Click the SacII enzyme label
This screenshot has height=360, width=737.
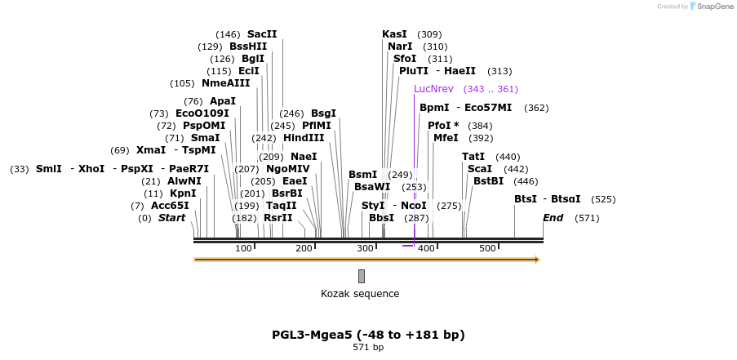click(262, 34)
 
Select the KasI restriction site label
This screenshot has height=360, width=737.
click(394, 34)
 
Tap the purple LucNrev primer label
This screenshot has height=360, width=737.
click(433, 89)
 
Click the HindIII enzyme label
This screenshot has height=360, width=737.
click(304, 138)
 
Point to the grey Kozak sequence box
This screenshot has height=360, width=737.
click(362, 276)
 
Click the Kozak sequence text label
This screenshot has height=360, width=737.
click(360, 294)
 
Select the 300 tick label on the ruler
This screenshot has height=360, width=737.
click(365, 248)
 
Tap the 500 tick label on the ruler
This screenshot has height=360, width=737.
click(487, 248)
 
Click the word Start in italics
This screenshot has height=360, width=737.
click(171, 218)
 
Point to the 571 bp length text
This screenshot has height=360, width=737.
click(368, 348)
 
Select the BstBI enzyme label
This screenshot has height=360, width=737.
click(489, 181)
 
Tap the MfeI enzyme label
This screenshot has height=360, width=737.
click(446, 138)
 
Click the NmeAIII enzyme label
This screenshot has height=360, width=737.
click(226, 83)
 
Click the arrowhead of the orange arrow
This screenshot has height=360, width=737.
click(537, 260)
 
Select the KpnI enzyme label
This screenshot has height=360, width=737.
click(183, 193)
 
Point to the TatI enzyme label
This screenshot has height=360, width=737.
click(473, 157)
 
